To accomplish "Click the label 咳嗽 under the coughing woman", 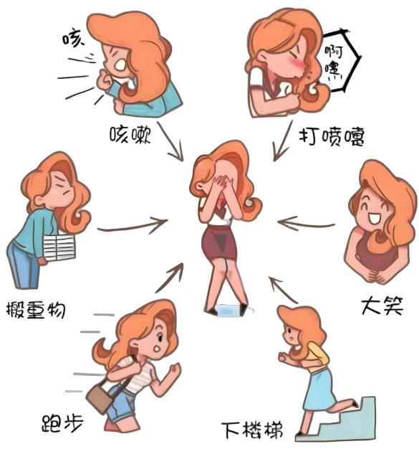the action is pyautogui.click(x=130, y=134).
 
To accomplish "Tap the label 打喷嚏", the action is pyautogui.click(x=332, y=137).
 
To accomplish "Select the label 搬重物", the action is pyautogui.click(x=36, y=310).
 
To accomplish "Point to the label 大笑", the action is pyautogui.click(x=382, y=306).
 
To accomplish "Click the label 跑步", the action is pyautogui.click(x=62, y=423).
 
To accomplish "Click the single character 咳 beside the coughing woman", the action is pyautogui.click(x=74, y=37).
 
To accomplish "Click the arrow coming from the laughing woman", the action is pyautogui.click(x=305, y=224).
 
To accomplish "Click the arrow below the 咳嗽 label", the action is pyautogui.click(x=171, y=142).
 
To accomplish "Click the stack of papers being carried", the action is pyautogui.click(x=59, y=247).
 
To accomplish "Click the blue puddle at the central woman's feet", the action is pyautogui.click(x=228, y=311).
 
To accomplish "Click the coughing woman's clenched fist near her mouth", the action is pyautogui.click(x=105, y=80).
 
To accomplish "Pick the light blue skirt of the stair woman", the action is pyautogui.click(x=319, y=389).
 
